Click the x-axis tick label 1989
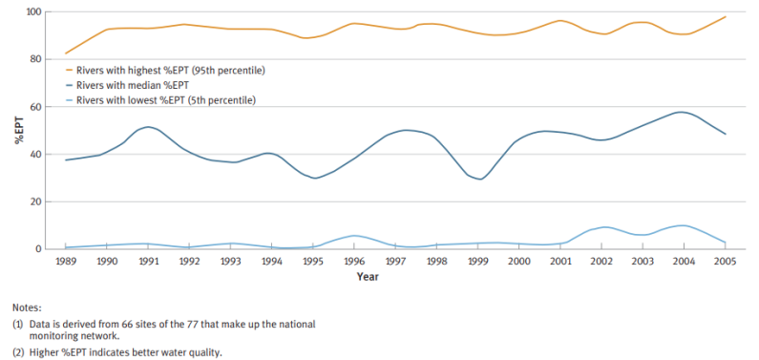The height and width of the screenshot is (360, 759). pyautogui.click(x=65, y=260)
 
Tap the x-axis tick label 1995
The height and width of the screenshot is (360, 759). pyautogui.click(x=311, y=260)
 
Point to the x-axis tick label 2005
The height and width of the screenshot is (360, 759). pyautogui.click(x=725, y=260)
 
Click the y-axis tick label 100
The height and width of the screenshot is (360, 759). pyautogui.click(x=34, y=11)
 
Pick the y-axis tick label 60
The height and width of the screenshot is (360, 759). pyautogui.click(x=37, y=107)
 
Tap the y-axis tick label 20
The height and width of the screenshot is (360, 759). pyautogui.click(x=37, y=201)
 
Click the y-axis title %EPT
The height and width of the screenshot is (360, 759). pyautogui.click(x=17, y=130)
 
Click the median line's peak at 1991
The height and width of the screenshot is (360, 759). pyautogui.click(x=146, y=127)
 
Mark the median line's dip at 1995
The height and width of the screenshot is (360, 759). pyautogui.click(x=313, y=178)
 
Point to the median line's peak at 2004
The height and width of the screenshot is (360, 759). pyautogui.click(x=681, y=113)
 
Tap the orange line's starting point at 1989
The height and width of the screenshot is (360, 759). pyautogui.click(x=65, y=53)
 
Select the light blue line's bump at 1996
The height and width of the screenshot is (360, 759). pyautogui.click(x=353, y=235)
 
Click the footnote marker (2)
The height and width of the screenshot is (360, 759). pyautogui.click(x=18, y=351)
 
